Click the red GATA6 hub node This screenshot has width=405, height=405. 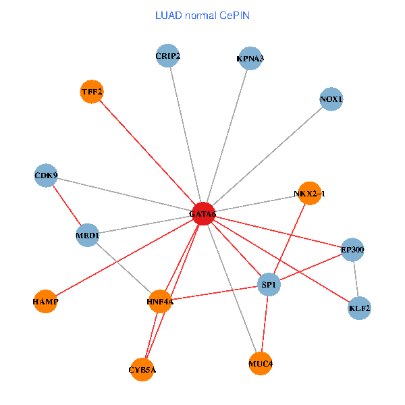pyautogui.click(x=203, y=213)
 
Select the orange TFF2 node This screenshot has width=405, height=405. pyautogui.click(x=91, y=91)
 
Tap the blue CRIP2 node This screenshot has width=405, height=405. pyautogui.click(x=167, y=56)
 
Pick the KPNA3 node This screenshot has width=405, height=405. pyautogui.click(x=250, y=59)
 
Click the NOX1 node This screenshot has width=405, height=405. pyautogui.click(x=331, y=99)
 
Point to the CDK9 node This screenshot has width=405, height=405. pyautogui.click(x=46, y=176)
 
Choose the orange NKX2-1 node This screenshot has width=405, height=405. pyautogui.click(x=309, y=194)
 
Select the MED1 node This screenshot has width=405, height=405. pyautogui.click(x=88, y=236)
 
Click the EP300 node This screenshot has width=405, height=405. pyautogui.click(x=352, y=250)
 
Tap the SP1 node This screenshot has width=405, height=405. pyautogui.click(x=269, y=286)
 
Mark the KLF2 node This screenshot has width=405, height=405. pyautogui.click(x=359, y=308)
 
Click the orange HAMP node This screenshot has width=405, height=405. pyautogui.click(x=45, y=301)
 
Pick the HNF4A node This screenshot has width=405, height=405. pyautogui.click(x=160, y=301)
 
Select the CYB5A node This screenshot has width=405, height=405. pyautogui.click(x=142, y=369)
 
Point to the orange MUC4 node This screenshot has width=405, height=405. pyautogui.click(x=261, y=364)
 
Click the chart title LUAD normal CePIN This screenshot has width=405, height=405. pyautogui.click(x=202, y=15)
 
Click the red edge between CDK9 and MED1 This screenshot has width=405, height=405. pyautogui.click(x=67, y=206)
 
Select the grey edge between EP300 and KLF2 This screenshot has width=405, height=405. pyautogui.click(x=356, y=279)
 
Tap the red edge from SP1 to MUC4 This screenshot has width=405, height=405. pyautogui.click(x=265, y=325)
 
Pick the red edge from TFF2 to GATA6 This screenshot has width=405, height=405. pyautogui.click(x=147, y=152)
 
